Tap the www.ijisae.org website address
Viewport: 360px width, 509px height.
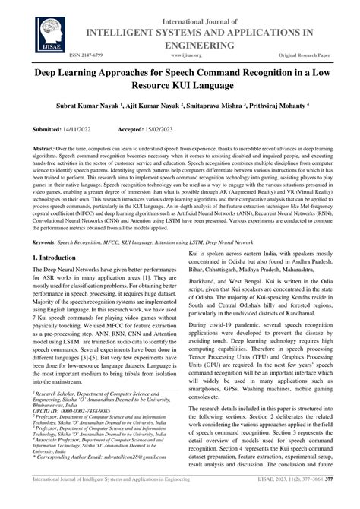(x=179, y=55)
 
